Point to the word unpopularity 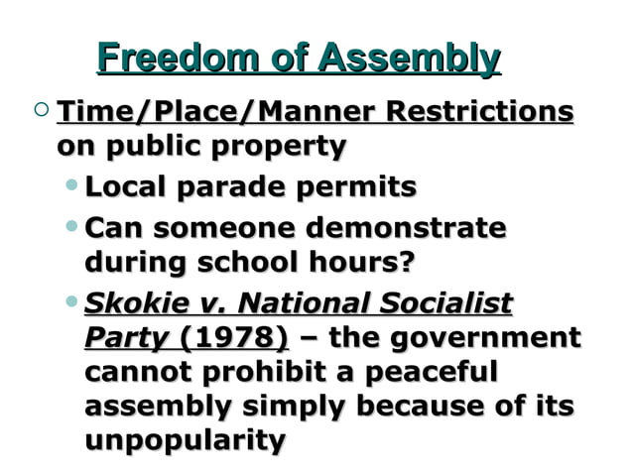pos(185,439)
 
